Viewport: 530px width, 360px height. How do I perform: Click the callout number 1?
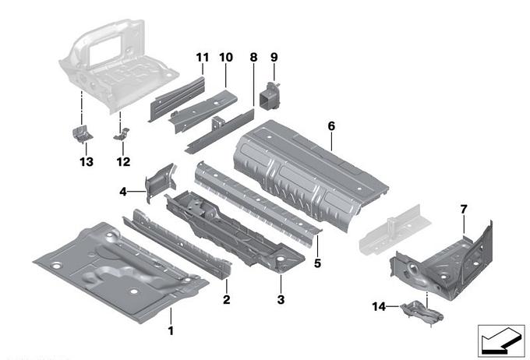171,330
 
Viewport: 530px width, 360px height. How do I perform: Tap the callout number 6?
331,126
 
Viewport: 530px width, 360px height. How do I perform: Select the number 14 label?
379,306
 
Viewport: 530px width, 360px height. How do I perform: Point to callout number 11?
203,58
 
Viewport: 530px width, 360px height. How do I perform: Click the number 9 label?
274,57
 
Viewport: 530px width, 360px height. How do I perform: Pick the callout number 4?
123,192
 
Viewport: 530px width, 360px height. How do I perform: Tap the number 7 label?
464,210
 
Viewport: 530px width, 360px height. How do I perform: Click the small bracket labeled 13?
82,134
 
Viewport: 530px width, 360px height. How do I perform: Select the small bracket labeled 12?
122,134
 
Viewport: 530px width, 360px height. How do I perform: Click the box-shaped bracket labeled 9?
269,96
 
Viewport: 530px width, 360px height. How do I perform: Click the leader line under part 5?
317,246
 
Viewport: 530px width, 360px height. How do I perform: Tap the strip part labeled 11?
176,98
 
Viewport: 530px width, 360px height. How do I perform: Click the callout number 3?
281,299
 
